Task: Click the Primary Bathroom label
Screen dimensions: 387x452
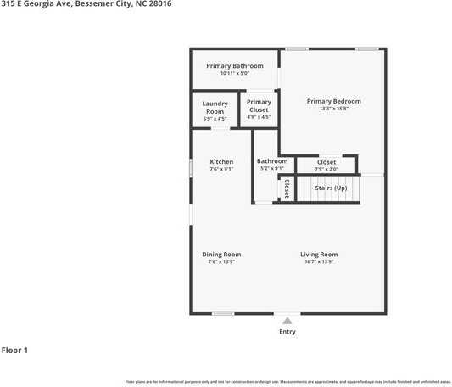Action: point(236,65)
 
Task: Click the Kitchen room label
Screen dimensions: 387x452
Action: point(221,161)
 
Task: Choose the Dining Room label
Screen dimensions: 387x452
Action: point(221,255)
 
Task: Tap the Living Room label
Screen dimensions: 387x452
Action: point(319,255)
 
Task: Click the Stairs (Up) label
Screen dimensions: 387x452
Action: point(331,187)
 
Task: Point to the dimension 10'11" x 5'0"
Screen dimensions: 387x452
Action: point(236,73)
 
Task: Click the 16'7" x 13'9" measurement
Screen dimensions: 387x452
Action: point(319,261)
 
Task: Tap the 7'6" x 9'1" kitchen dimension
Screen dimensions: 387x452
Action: point(221,169)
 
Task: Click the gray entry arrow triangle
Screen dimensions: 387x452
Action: point(287,321)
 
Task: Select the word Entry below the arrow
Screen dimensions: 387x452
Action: point(287,332)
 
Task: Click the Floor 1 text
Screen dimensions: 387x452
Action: point(15,350)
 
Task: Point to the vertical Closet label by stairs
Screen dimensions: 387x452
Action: point(287,188)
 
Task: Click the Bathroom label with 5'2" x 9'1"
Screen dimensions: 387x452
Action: point(272,161)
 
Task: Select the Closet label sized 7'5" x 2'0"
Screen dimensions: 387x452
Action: point(326,162)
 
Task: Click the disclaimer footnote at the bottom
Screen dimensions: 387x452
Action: point(287,381)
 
